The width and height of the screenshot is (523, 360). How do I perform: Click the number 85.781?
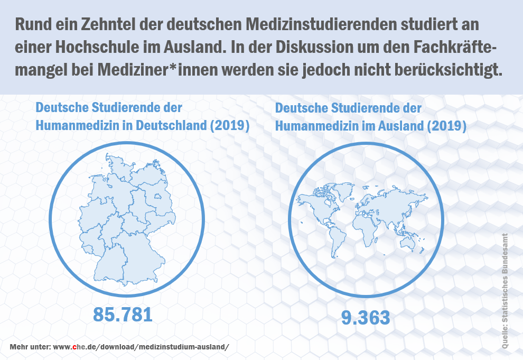[123, 314]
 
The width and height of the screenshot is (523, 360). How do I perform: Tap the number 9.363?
[366, 318]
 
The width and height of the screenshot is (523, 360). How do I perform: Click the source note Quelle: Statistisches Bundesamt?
[505, 290]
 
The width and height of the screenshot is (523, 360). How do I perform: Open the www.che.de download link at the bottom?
[142, 347]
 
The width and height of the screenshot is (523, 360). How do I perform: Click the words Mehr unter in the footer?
[30, 347]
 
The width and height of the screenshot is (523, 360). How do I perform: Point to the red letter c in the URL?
[76, 348]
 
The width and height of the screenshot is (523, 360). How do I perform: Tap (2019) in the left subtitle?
[229, 126]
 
